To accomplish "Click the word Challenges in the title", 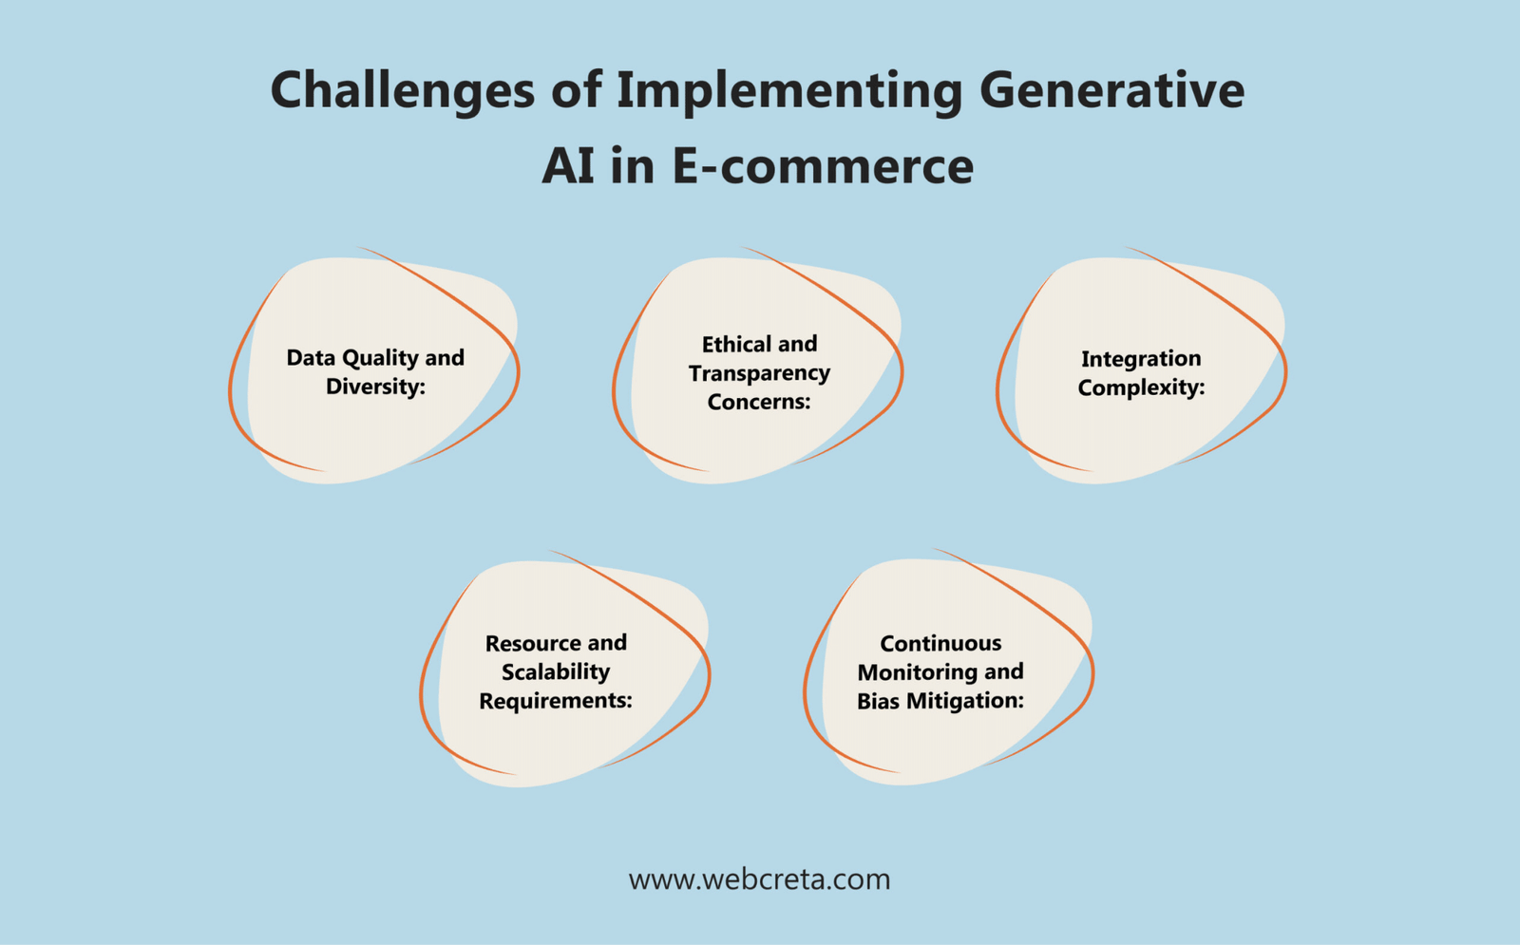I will coord(402,92).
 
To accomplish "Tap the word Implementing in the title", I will coord(788,92).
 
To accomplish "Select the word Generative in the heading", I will coord(1111,91).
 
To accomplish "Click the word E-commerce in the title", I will coord(822,166).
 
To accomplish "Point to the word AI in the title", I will coord(568,166).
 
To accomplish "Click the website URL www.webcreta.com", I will coord(759,879).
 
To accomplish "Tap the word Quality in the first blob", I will coord(380,358).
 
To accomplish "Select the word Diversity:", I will coord(375,387).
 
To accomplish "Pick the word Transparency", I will coord(759,373).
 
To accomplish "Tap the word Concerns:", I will coord(759,402).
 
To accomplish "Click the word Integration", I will coord(1141,359).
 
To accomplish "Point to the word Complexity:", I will coord(1141,387).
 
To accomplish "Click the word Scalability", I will coord(556,671).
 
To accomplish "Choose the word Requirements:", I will coord(556,701).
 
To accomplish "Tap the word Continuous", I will coord(940,643).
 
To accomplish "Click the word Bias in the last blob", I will coord(878,701).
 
